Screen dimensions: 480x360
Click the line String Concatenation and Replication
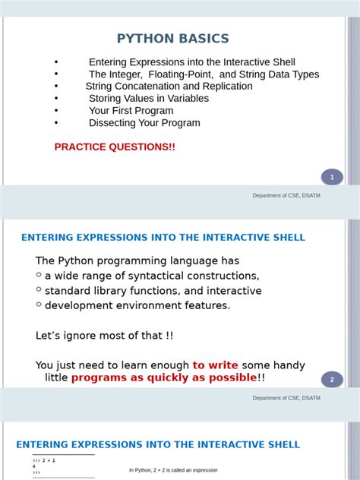click(169, 87)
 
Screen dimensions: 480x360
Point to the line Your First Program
click(132, 111)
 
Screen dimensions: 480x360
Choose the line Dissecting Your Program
click(144, 123)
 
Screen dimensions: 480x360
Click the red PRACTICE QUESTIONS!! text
click(115, 147)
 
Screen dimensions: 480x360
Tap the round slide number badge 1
click(332, 178)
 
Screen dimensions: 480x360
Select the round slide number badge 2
click(332, 380)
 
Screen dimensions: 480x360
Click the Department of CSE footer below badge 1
click(287, 196)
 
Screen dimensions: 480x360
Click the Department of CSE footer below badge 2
click(287, 398)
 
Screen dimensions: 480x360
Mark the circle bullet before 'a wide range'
click(39, 275)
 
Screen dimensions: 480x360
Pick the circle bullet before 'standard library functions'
click(39, 289)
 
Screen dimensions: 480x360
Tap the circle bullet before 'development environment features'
click(39, 305)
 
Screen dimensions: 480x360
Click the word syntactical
click(151, 276)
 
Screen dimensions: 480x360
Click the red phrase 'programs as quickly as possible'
click(164, 377)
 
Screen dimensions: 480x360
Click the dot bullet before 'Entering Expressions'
click(56, 62)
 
